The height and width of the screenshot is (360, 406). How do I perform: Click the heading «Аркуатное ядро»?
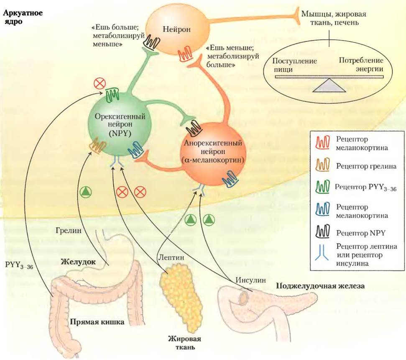pos(23,17)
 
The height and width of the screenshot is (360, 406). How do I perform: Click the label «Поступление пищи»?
pos(294,65)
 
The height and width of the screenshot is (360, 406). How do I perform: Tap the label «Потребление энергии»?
pos(361,64)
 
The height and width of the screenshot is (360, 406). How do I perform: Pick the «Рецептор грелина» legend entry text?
pos(366,166)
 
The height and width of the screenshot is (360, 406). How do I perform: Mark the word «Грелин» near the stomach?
pos(68,230)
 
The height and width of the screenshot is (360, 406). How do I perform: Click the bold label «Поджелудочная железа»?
pos(321,286)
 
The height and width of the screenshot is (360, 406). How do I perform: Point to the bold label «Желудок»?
pos(78,262)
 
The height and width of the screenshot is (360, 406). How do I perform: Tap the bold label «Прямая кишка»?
pos(97,322)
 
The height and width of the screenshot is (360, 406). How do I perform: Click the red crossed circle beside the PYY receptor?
pos(100,84)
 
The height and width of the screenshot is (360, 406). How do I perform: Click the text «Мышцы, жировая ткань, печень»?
pos(334,18)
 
